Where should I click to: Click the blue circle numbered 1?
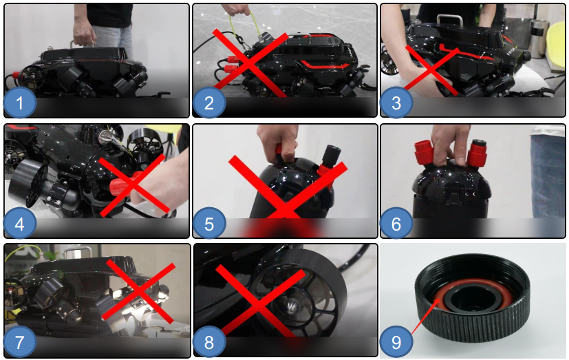pos(19,103)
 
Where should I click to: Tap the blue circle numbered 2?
pos(209,103)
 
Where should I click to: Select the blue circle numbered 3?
pos(396,103)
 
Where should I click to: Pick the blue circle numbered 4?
pos(19,223)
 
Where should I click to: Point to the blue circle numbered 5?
pos(209,223)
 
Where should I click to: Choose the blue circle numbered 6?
pos(396,223)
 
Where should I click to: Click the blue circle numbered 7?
pos(19,341)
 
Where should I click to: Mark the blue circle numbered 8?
pos(209,341)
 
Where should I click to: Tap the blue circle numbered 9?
pos(396,341)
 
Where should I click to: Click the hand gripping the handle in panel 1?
pos(84,34)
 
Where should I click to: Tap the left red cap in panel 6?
pos(424,152)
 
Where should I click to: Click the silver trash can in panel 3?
pos(538,39)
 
